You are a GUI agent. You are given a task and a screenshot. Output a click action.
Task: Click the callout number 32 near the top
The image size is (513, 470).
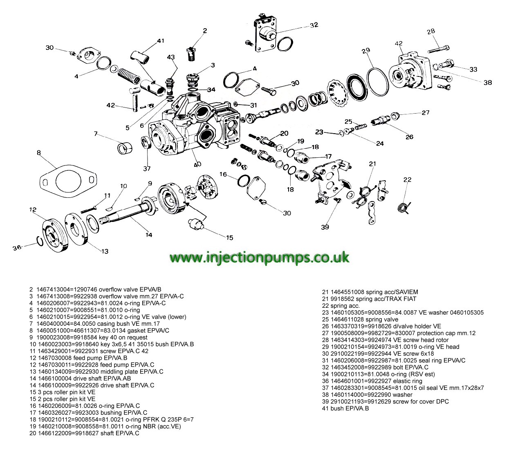(x=314, y=25)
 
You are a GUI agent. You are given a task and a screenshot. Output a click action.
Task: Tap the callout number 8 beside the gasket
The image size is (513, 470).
(x=38, y=153)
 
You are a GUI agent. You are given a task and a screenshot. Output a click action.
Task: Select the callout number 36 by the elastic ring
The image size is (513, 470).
(x=17, y=248)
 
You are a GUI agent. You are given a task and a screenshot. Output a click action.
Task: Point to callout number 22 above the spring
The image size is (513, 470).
(x=408, y=180)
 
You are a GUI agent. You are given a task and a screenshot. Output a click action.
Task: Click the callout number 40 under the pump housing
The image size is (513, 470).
(x=197, y=165)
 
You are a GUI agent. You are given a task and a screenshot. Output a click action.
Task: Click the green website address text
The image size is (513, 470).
(x=259, y=257)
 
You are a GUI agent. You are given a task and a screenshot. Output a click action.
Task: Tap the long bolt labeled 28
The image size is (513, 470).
(x=438, y=49)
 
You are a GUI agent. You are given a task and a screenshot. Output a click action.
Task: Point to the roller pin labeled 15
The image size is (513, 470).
(x=196, y=224)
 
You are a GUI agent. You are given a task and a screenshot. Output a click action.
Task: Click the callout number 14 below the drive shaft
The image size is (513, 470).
(x=149, y=235)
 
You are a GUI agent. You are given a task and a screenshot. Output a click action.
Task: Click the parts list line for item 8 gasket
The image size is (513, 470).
(x=99, y=330)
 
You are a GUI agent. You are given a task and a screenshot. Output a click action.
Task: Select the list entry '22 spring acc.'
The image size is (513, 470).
(x=341, y=306)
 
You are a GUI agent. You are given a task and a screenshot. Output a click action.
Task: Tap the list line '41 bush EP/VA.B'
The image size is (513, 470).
(x=345, y=408)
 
